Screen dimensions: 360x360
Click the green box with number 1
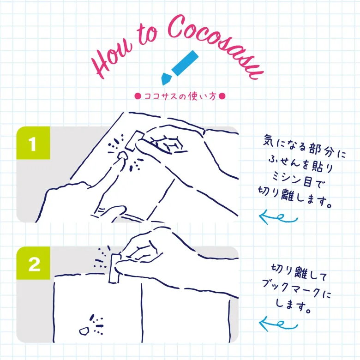pyautogui.click(x=33, y=143)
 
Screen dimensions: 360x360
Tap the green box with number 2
pyautogui.click(x=33, y=263)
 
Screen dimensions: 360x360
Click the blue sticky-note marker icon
pyautogui.click(x=180, y=67)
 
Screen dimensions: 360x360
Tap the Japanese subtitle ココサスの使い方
pyautogui.click(x=180, y=96)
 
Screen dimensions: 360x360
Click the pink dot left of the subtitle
pyautogui.click(x=138, y=96)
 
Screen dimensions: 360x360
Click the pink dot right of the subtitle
pyautogui.click(x=222, y=96)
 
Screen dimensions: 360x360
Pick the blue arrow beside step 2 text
pyautogui.click(x=278, y=324)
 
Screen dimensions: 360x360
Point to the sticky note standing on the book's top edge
pyautogui.click(x=114, y=268)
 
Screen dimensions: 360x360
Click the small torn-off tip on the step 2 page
pyautogui.click(x=84, y=331)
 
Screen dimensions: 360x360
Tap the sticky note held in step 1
pyautogui.click(x=134, y=140)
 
